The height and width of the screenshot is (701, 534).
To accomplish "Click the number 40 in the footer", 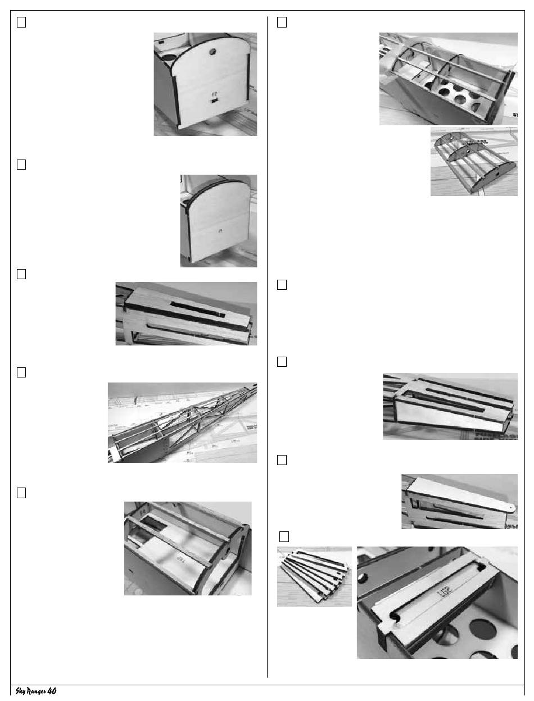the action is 52,691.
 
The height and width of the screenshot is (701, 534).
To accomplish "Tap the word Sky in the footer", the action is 20,691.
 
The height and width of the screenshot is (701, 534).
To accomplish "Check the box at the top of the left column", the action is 21,22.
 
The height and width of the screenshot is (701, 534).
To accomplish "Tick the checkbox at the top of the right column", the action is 282,22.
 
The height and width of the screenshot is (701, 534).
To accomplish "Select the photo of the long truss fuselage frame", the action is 182,422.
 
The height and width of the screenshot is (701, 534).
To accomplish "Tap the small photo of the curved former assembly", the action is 474,162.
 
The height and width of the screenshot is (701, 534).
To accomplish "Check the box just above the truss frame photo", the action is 21,372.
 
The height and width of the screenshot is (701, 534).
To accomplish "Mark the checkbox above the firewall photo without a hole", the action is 21,165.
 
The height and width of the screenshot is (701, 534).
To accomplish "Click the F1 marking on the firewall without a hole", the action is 220,231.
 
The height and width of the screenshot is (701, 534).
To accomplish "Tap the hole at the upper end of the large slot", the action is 480,567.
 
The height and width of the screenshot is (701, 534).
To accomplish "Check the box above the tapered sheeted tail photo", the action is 282,460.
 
